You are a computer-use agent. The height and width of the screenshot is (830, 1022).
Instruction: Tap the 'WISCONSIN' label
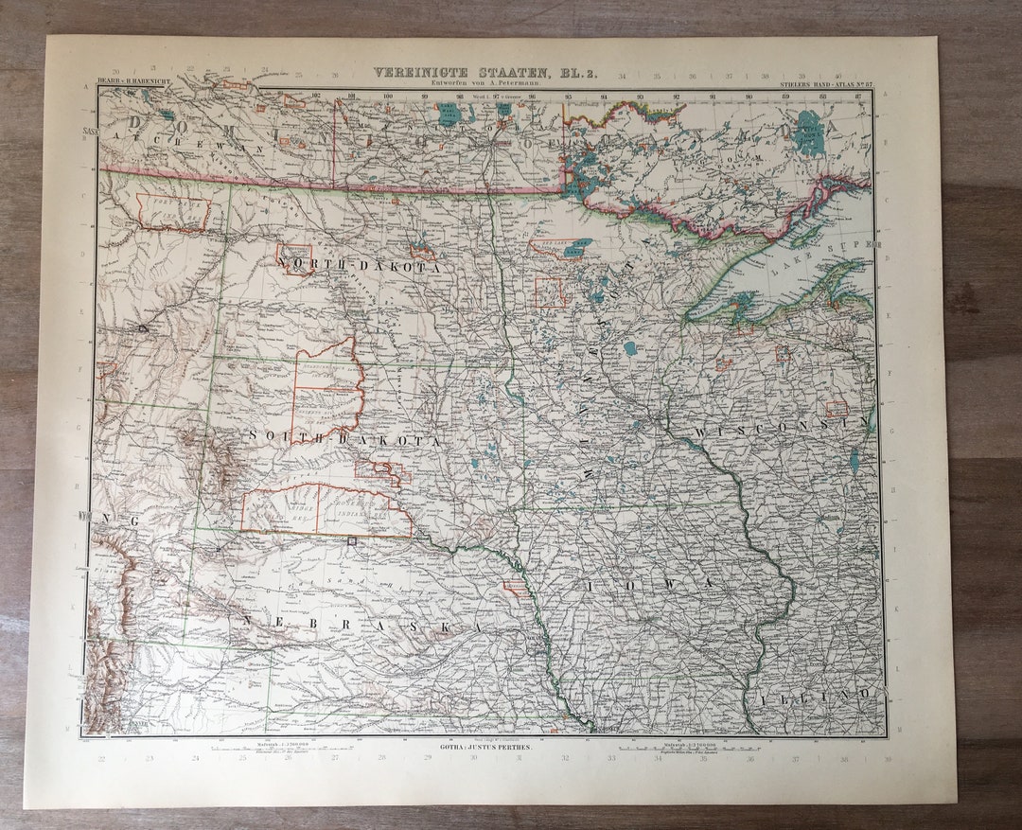(780, 429)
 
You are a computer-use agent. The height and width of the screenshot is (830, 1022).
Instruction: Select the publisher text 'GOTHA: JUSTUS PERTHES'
(485, 748)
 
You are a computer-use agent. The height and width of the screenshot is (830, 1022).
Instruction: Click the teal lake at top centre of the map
(448, 115)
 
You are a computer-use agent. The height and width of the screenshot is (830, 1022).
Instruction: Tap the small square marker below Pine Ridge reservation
(352, 541)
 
